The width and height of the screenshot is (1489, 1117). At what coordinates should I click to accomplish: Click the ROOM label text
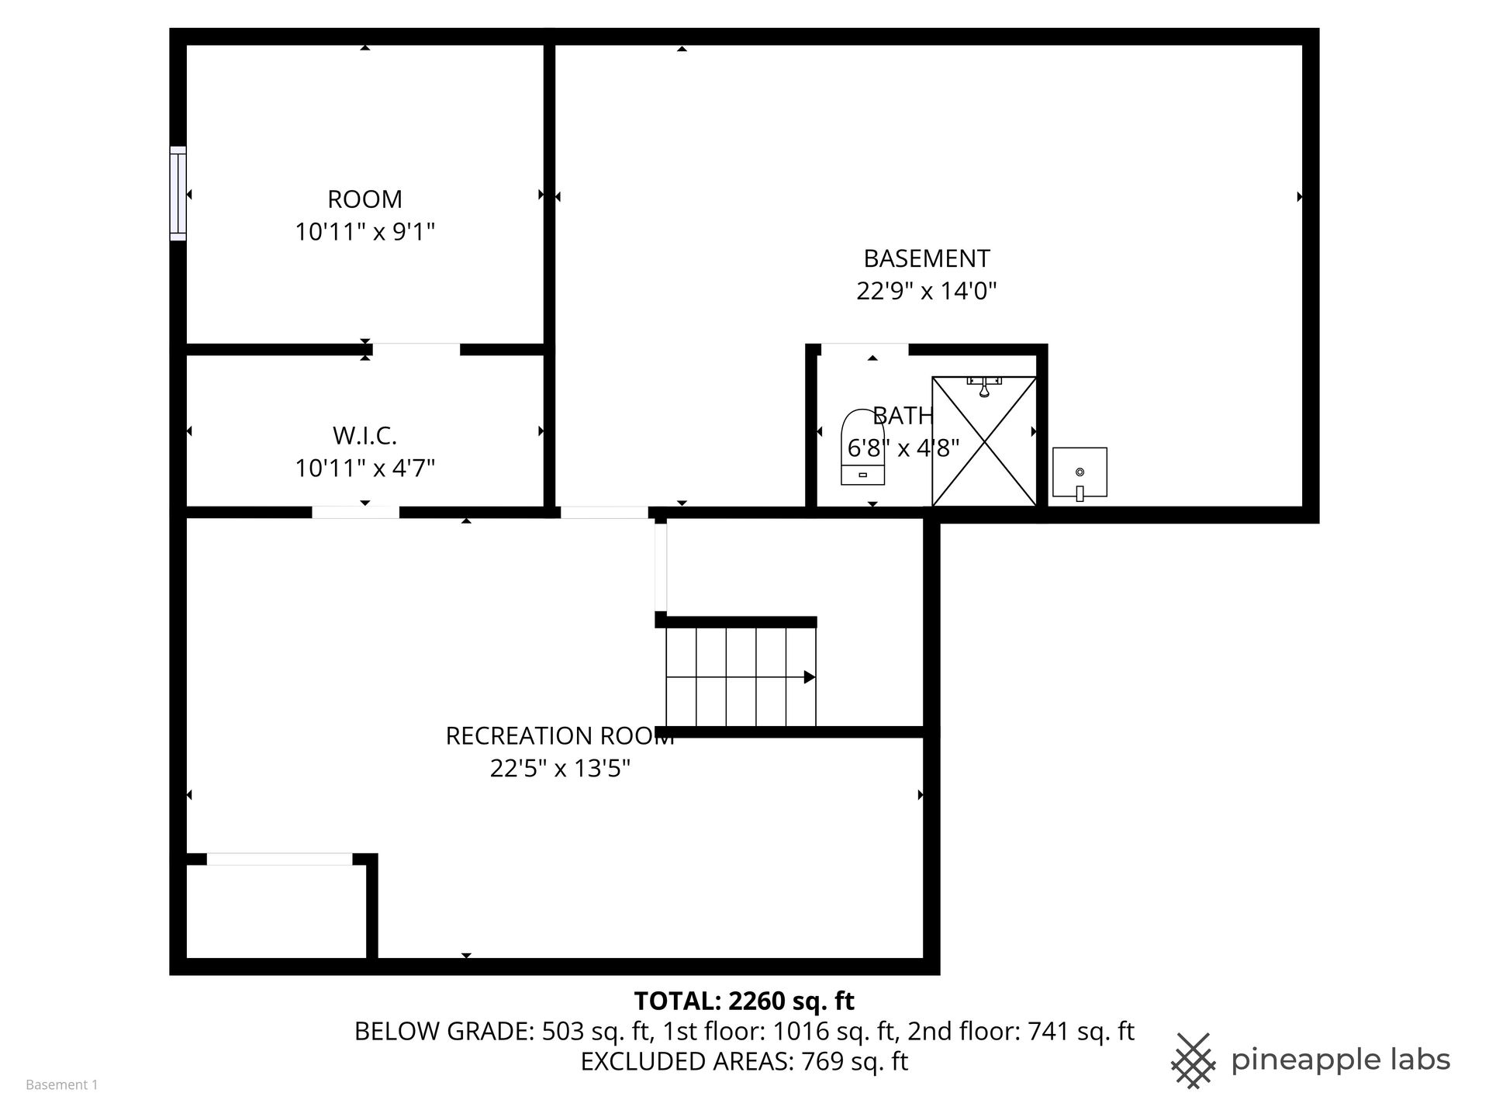click(x=364, y=199)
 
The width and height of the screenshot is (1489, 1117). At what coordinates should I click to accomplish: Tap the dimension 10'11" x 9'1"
click(x=364, y=232)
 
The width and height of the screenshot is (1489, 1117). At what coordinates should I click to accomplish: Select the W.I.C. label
click(x=364, y=436)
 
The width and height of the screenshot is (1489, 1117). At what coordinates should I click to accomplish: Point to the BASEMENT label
click(x=927, y=258)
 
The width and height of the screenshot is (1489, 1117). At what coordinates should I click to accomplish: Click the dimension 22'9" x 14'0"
click(x=927, y=291)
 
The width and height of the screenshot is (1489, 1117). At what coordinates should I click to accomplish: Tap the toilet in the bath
click(x=862, y=448)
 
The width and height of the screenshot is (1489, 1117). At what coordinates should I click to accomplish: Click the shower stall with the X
click(x=984, y=441)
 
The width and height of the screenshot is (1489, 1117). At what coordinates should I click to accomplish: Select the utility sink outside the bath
click(x=1080, y=472)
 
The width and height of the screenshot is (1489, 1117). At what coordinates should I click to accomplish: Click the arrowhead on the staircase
click(x=810, y=677)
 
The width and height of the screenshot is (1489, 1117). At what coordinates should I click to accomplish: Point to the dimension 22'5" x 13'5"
click(x=560, y=769)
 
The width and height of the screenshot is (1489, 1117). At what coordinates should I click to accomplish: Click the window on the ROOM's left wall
click(x=178, y=193)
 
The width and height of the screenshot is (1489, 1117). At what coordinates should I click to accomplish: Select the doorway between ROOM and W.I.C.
click(x=416, y=350)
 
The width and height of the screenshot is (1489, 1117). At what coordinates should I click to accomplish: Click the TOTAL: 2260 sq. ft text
click(x=744, y=1001)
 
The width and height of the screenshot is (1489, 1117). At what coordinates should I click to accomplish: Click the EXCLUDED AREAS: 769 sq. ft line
click(x=744, y=1061)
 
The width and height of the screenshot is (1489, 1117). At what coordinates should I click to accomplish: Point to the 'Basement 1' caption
click(x=62, y=1085)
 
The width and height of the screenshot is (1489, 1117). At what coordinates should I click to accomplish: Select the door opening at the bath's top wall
click(x=865, y=350)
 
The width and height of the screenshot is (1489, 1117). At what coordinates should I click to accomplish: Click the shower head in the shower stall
click(x=984, y=386)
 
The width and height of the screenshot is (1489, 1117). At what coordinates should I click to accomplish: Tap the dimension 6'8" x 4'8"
click(x=903, y=448)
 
